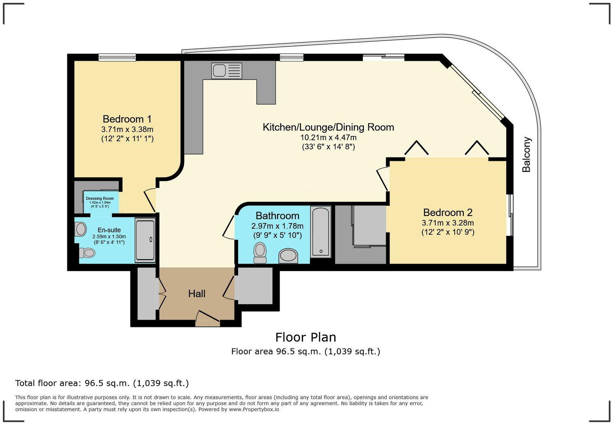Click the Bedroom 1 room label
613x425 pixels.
[x=127, y=119]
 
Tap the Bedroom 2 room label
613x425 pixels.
[x=448, y=212]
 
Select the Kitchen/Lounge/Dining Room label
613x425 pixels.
[x=328, y=127]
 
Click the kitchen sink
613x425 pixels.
[x=226, y=71]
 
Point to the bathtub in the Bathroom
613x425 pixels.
[x=321, y=232]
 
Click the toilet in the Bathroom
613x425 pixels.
[x=260, y=252]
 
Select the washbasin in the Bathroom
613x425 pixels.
[x=288, y=256]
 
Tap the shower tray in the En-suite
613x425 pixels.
[x=145, y=240]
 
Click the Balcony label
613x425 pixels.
[x=527, y=154]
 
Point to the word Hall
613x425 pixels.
[x=197, y=294]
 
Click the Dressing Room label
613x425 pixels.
[x=100, y=198]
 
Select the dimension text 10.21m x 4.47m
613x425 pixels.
[x=328, y=137]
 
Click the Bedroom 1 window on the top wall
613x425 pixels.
[x=117, y=57]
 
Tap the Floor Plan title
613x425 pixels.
[x=305, y=337]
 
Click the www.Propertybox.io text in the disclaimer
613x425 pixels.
[x=254, y=409]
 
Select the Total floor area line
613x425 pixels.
[x=102, y=383]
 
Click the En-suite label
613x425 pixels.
[x=109, y=230]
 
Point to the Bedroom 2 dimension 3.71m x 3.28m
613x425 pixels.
[x=448, y=223]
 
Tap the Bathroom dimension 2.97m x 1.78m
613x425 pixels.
[x=277, y=226]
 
